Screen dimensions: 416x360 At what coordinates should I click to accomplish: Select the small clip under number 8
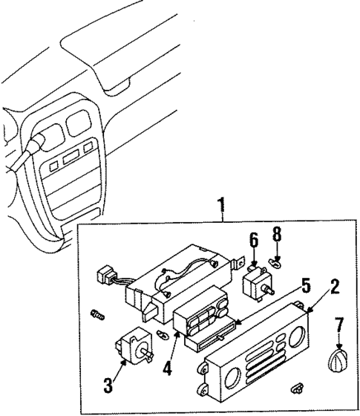pos(275,261)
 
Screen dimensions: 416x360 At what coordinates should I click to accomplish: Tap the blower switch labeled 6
pos(257,281)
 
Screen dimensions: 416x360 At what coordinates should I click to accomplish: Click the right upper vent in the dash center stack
pos(76,123)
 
